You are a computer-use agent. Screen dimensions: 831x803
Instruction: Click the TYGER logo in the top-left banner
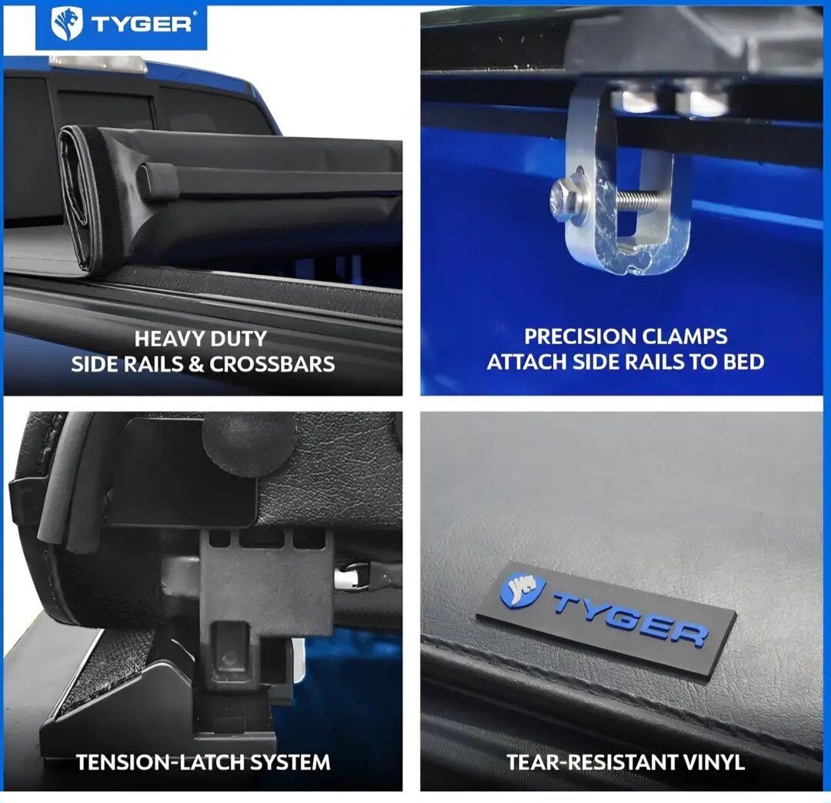click(x=122, y=24)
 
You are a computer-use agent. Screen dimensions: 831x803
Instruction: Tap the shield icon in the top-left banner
click(x=67, y=25)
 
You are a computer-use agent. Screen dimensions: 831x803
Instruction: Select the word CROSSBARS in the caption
click(x=272, y=364)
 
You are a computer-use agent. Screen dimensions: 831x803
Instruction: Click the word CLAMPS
click(x=685, y=336)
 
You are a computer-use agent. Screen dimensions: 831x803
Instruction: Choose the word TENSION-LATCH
click(x=160, y=763)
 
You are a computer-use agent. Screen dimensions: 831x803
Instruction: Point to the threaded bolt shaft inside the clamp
click(x=639, y=199)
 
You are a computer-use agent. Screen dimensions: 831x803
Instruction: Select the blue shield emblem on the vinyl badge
click(x=522, y=590)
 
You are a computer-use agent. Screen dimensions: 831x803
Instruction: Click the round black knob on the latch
click(x=249, y=443)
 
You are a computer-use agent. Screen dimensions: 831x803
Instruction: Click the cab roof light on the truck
click(x=98, y=64)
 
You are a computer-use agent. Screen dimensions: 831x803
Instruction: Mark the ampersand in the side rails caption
click(x=197, y=364)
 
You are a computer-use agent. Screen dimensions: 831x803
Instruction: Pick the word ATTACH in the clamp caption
click(x=526, y=362)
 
